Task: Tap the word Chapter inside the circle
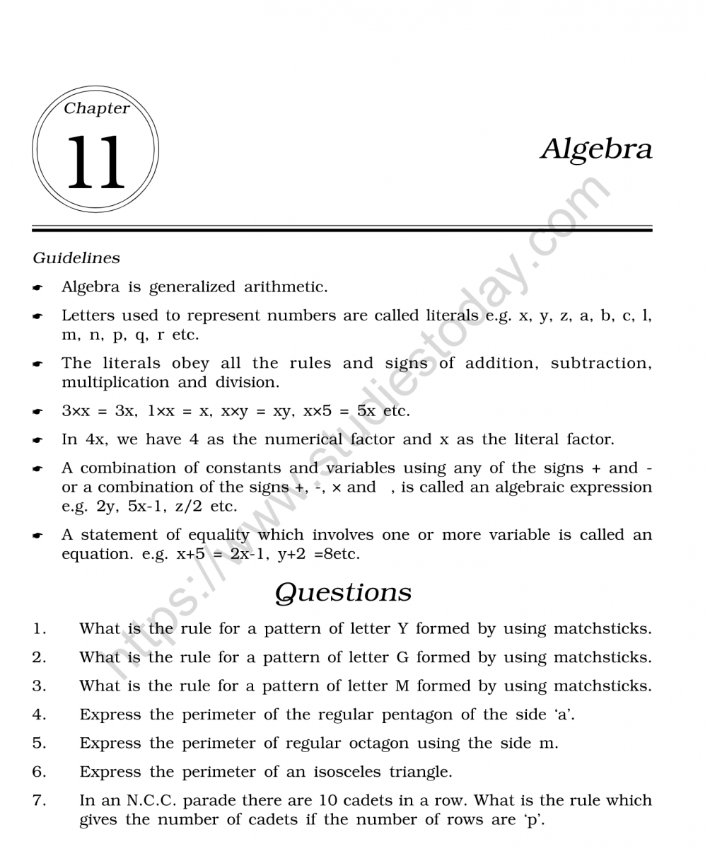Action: (96, 108)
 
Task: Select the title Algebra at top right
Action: (596, 149)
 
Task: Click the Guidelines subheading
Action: (76, 258)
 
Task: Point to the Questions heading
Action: (343, 592)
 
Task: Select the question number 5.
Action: (39, 744)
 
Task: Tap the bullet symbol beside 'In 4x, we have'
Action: (37, 440)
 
